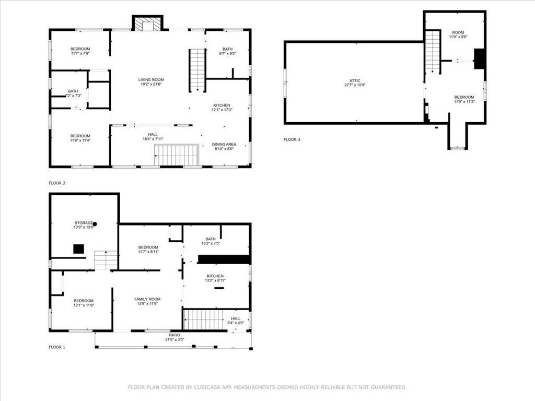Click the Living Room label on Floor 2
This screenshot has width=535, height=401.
click(x=151, y=82)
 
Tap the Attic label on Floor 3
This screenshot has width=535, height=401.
click(x=355, y=83)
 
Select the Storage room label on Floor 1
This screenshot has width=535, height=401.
click(x=84, y=225)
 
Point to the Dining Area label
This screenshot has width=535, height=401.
click(x=224, y=147)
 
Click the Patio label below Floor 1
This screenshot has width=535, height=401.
click(x=175, y=337)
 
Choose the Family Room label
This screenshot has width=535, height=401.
click(x=147, y=301)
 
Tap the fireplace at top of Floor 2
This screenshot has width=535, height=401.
click(x=148, y=23)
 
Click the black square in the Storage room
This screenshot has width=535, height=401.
click(x=78, y=249)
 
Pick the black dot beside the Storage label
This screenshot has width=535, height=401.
click(x=95, y=224)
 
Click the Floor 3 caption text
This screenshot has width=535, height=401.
click(x=292, y=139)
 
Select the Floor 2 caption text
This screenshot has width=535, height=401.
click(x=57, y=183)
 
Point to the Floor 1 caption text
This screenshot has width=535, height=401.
click(x=57, y=347)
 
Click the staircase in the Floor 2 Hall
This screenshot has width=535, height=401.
click(x=177, y=156)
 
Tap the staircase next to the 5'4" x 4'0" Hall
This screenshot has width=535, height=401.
click(x=203, y=320)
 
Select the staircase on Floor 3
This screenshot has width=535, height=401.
click(x=433, y=52)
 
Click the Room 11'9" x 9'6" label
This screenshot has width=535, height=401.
click(x=458, y=34)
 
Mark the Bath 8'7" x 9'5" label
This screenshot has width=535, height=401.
click(x=228, y=51)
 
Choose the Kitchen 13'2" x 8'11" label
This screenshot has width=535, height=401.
click(x=215, y=278)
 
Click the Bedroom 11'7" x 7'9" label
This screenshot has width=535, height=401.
click(x=80, y=51)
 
